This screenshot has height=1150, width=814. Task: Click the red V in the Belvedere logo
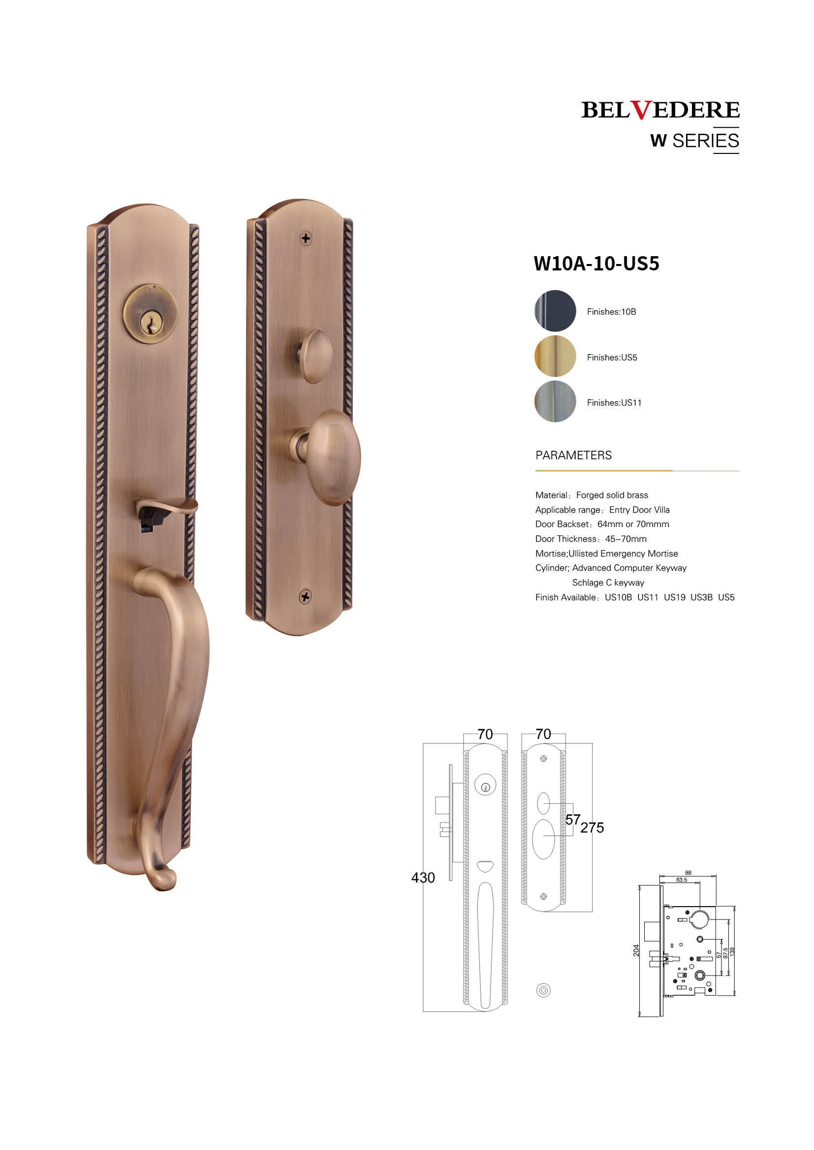pyautogui.click(x=641, y=110)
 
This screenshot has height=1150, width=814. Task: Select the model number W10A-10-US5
pyautogui.click(x=596, y=264)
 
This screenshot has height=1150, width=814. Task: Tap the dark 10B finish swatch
pyautogui.click(x=555, y=311)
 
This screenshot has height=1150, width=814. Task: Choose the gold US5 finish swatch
pyautogui.click(x=555, y=356)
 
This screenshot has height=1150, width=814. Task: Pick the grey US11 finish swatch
pyautogui.click(x=555, y=402)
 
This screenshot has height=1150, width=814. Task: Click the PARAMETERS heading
pyautogui.click(x=573, y=455)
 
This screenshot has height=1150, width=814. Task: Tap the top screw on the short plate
pyautogui.click(x=306, y=238)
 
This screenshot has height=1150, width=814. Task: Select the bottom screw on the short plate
pyautogui.click(x=305, y=596)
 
